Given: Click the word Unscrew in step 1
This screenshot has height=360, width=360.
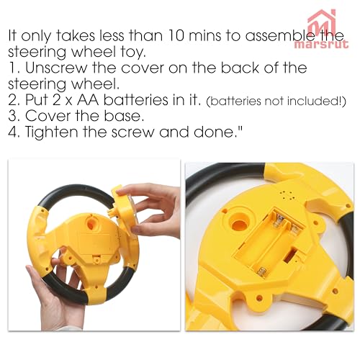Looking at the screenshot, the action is [56, 68].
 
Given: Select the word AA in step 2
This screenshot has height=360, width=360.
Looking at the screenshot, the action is [88, 99].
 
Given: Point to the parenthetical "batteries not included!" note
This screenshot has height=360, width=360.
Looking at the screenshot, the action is [276, 101].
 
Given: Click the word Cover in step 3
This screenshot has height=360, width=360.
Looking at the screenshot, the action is [48, 116].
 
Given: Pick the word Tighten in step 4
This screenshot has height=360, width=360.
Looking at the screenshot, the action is [51, 132].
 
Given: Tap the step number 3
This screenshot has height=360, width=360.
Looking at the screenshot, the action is [12, 116].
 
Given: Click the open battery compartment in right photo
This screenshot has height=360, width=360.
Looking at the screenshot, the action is [270, 243].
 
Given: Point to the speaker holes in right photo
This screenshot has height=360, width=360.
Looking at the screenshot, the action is [287, 196].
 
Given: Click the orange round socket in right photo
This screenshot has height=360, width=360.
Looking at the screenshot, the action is [239, 225].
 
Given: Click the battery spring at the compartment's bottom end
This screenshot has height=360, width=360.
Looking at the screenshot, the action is [261, 272].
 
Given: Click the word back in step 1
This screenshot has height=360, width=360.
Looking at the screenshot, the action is [240, 68].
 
